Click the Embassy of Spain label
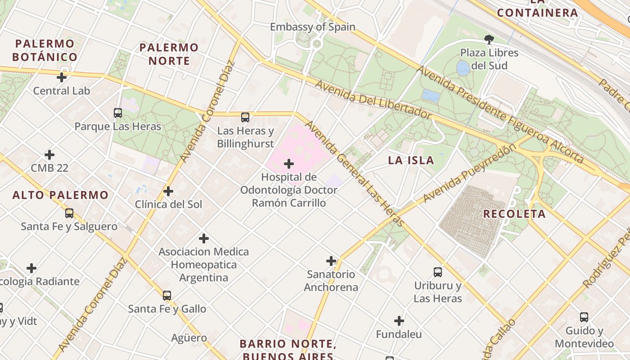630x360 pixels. pos(312,27)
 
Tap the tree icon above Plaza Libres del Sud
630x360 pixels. pos(489,40)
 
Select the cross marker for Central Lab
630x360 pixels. pos(62,77)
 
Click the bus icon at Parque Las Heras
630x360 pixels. pos(118,113)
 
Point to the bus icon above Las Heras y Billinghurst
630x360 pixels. pos(245,117)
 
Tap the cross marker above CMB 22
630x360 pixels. pos(49,155)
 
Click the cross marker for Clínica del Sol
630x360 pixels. pos(168,191)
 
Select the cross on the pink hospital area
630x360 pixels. pos(289,164)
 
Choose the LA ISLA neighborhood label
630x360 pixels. pos(411,161)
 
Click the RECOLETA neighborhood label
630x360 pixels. pos(514,214)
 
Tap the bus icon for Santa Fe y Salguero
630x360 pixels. pos(69,213)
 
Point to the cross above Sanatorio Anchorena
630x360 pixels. pos(331,261)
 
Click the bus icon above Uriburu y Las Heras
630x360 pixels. pos(438,272)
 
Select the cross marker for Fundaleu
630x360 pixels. pos(399,321)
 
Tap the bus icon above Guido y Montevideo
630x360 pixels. pos(584,317)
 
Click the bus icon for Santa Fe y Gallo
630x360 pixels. pos(167,296)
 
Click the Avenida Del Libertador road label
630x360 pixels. pos(373,100)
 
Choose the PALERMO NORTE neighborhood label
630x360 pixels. pos(169,54)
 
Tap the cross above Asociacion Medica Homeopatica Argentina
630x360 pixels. pos(204,238)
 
